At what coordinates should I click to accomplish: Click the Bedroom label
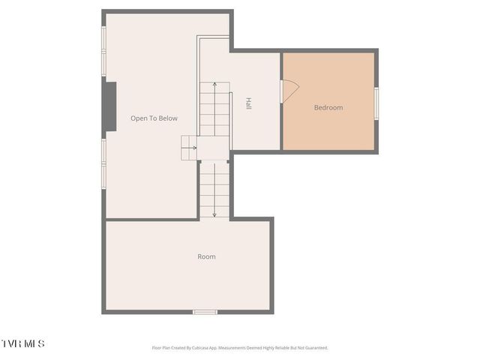click(328, 108)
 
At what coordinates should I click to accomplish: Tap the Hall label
click(248, 104)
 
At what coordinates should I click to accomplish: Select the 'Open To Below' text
click(154, 118)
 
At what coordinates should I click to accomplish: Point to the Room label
click(206, 257)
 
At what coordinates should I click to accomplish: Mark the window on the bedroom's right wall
click(376, 103)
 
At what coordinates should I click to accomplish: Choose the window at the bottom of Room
click(205, 312)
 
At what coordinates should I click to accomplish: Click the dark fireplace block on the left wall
click(109, 106)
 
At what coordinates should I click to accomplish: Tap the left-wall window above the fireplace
click(104, 51)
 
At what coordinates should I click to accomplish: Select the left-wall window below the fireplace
click(104, 163)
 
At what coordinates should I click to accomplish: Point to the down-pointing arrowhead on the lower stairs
click(214, 214)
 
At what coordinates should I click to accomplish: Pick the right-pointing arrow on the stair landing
click(194, 148)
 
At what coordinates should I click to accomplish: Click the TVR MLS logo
click(22, 343)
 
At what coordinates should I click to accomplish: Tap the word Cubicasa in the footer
click(197, 348)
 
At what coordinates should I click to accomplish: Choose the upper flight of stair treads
click(214, 109)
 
